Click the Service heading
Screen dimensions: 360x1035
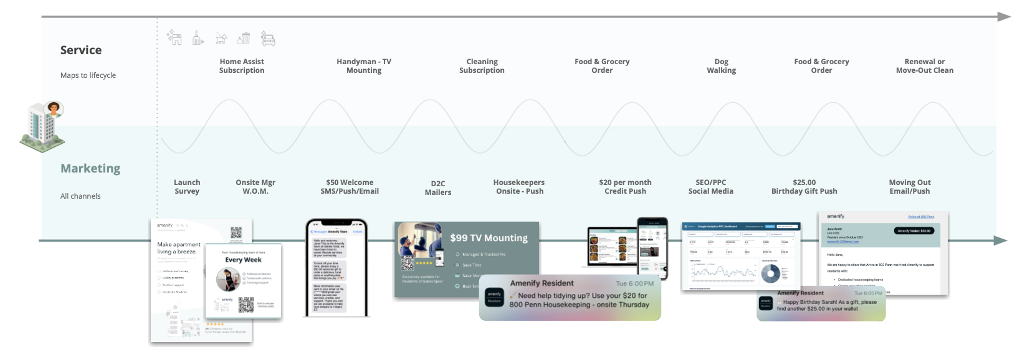click(x=81, y=50)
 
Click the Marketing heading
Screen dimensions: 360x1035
click(x=90, y=169)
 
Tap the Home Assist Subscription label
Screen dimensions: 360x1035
click(x=242, y=66)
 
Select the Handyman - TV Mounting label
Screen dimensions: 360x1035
click(x=364, y=66)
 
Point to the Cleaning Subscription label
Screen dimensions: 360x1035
click(x=482, y=66)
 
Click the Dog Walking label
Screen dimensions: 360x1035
click(x=721, y=66)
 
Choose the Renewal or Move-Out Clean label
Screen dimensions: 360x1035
click(x=924, y=66)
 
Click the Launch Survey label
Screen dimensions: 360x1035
click(x=187, y=187)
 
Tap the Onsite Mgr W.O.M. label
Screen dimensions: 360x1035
click(x=255, y=187)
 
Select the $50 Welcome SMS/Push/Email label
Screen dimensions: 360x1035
click(x=350, y=187)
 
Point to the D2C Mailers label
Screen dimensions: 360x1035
click(x=438, y=188)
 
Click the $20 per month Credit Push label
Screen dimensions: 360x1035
click(x=625, y=187)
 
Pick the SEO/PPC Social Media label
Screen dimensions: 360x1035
click(x=710, y=187)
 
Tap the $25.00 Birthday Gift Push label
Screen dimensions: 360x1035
click(x=804, y=187)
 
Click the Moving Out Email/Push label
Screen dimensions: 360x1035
click(x=909, y=187)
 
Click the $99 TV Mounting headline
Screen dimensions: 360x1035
click(x=489, y=238)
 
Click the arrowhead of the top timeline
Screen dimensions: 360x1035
click(x=1003, y=17)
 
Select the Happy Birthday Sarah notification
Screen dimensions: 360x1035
click(x=821, y=304)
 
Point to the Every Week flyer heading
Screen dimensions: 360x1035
click(x=243, y=260)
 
